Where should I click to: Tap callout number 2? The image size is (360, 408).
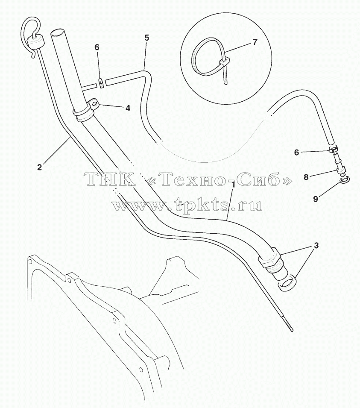tap(39, 167)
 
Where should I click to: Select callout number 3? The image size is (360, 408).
tap(316, 245)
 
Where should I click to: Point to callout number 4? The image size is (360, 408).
tap(128, 108)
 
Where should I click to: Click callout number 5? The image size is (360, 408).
tap(147, 38)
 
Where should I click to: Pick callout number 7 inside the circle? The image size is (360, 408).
tap(255, 42)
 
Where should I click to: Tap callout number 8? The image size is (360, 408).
tap(306, 177)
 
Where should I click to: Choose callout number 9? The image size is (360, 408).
tap(315, 199)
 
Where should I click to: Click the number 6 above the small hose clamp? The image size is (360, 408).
tap(97, 47)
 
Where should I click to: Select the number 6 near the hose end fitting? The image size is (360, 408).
tap(296, 153)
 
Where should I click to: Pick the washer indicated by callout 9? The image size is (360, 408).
tap(345, 179)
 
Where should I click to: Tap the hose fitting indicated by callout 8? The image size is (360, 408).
tap(339, 164)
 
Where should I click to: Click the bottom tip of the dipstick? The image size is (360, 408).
tap(293, 331)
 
